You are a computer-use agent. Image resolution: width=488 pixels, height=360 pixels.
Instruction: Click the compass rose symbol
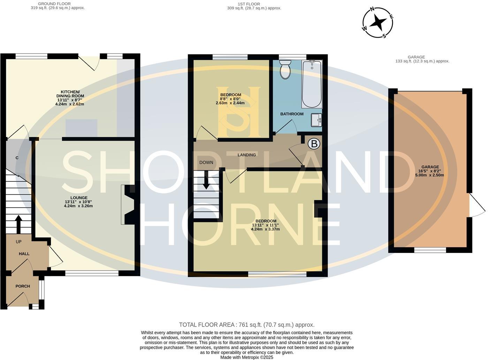378,23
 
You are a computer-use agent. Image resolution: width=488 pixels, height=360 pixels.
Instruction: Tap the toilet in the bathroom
285,69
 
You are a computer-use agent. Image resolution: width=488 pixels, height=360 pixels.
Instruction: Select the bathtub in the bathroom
312,84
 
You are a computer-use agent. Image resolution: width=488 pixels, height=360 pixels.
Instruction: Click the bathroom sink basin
317,120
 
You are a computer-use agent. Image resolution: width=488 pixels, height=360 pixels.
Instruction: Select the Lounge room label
78,198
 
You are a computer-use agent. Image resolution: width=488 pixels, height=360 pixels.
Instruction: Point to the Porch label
23,286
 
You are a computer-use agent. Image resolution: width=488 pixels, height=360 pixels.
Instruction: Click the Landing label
247,155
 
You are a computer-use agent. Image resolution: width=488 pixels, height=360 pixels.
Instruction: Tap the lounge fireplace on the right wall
128,204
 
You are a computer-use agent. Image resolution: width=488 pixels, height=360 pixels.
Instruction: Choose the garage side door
476,205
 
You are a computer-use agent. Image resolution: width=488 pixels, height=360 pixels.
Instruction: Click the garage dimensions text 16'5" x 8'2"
429,171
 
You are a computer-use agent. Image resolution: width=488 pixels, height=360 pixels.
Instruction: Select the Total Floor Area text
247,325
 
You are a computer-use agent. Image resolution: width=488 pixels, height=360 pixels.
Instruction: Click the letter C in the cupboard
17,158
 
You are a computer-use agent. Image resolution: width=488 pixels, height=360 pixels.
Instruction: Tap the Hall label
24,254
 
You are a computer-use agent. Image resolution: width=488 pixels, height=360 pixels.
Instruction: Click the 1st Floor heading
249,4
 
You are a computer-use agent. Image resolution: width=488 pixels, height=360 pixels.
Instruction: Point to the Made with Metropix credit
247,357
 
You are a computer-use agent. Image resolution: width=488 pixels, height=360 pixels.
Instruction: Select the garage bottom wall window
430,250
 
